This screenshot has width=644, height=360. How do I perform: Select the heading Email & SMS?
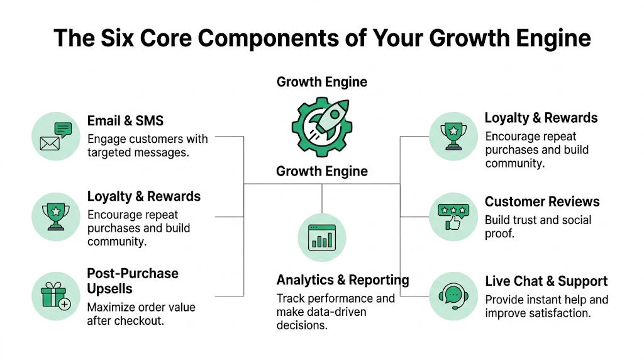[125, 120]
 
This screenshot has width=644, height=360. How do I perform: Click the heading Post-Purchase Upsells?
[133, 281]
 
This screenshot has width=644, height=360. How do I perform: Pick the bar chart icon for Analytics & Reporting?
[321, 237]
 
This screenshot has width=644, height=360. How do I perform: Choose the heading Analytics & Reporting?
[343, 280]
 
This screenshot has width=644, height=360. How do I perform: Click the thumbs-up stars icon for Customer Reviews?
[453, 216]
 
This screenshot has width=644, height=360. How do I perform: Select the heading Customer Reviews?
[541, 202]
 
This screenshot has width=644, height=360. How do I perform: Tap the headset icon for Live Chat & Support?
[453, 295]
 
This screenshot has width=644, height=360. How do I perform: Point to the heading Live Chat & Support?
[546, 281]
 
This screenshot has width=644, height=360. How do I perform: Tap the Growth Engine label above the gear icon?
[322, 82]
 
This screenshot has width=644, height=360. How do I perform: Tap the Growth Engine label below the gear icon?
[322, 171]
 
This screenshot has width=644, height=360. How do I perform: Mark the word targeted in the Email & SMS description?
[109, 152]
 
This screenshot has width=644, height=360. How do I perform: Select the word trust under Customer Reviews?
[525, 220]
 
